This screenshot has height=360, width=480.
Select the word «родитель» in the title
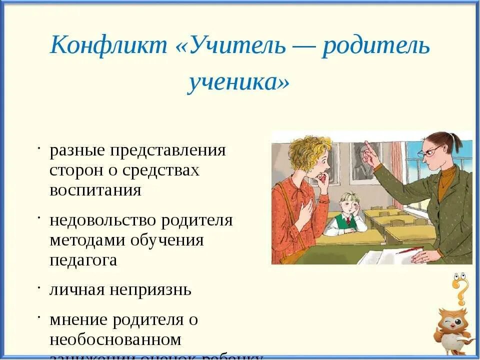click(375, 46)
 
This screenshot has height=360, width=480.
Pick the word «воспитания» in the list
click(95, 190)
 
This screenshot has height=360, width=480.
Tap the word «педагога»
click(83, 260)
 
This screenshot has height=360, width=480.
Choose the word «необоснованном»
click(115, 340)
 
